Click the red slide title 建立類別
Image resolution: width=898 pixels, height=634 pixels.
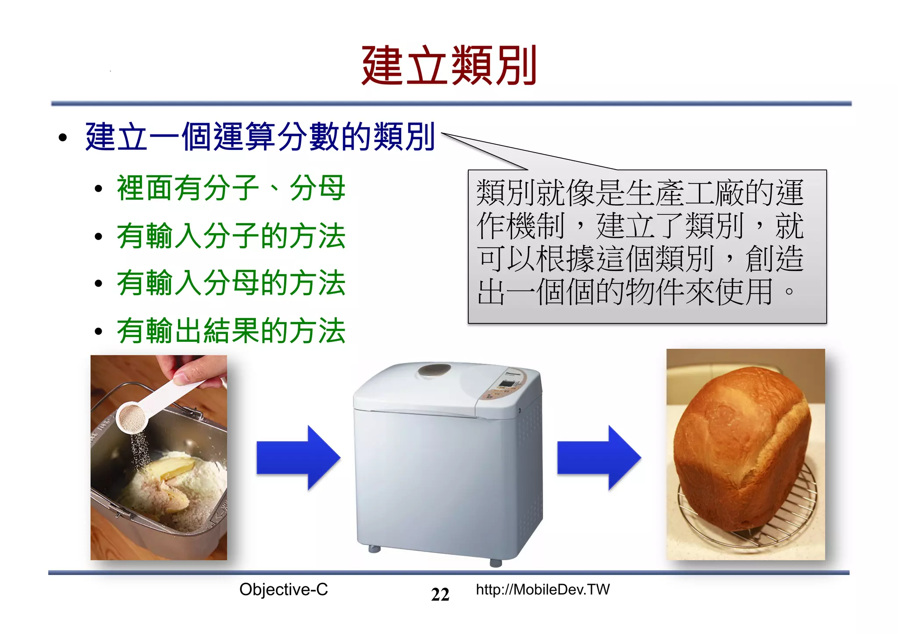449,66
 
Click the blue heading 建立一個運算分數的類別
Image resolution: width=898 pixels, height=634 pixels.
260,137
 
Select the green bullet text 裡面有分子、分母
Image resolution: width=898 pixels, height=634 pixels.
231,188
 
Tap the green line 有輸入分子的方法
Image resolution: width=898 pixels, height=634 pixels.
231,236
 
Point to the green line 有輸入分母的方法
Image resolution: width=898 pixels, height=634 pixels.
231,283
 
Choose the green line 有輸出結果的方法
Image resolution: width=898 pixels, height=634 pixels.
231,331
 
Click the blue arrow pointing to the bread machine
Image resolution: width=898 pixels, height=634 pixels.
298,458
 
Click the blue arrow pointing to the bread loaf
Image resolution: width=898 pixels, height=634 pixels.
599,458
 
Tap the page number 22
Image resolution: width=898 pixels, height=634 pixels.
440,595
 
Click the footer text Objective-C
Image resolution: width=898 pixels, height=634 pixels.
283,590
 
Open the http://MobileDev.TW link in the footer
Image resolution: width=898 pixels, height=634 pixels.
543,590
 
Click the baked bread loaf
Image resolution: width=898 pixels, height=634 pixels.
741,447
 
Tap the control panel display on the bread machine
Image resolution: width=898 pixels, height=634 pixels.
508,384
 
